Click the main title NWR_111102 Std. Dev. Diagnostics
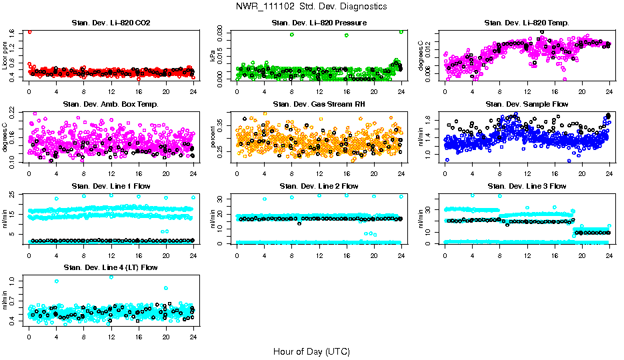311,7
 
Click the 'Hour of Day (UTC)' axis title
311,351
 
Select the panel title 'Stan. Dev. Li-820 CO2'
111,23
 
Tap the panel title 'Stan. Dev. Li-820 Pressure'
319,23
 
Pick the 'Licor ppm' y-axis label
6,56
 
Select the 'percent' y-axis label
214,138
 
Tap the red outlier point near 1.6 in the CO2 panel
29,31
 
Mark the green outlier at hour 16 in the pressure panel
347,35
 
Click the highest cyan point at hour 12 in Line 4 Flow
111,277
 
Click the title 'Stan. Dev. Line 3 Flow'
527,186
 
